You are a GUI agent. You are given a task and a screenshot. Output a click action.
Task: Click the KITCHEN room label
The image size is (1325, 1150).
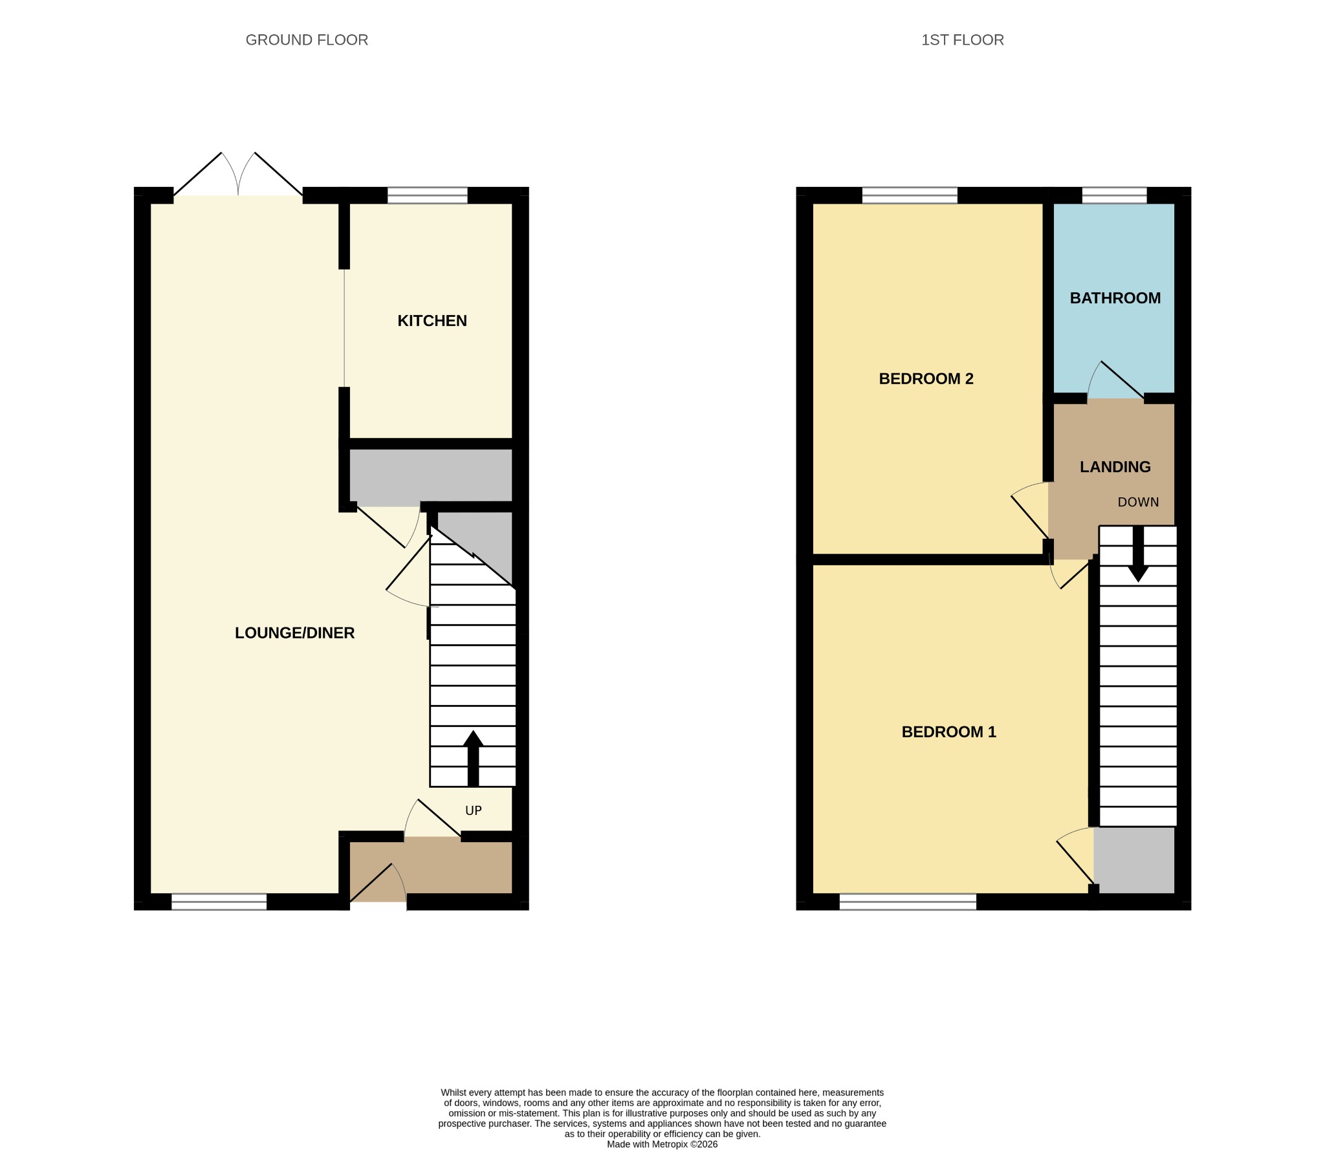pos(432,321)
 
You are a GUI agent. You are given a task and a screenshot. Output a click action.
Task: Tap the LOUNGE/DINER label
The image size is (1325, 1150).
pos(294,633)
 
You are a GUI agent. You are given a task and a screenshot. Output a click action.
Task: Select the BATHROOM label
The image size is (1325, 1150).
pos(1115,298)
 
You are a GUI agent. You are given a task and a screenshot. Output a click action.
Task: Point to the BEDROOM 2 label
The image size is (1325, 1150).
pos(926,379)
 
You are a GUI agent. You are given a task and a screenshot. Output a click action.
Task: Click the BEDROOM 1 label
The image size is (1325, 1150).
pos(948,732)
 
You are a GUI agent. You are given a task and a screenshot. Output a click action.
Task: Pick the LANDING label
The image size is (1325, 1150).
pos(1115,467)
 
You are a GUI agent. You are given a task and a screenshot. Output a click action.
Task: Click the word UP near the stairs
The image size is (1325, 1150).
pos(474,810)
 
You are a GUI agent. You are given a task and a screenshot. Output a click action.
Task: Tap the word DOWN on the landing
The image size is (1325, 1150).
pos(1138,502)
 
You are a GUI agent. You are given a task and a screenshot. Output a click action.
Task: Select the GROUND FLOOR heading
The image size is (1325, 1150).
pos(307,40)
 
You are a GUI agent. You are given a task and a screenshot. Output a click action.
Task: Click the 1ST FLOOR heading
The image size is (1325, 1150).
pos(962,40)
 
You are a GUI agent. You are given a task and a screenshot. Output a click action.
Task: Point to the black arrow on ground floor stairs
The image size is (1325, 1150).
pos(473,758)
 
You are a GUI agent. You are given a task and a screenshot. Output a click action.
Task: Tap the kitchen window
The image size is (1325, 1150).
pos(427,195)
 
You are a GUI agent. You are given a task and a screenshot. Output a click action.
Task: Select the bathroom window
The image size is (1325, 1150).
pos(1114,195)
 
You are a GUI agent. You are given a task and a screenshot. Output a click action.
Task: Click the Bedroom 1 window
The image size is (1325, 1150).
pos(908,902)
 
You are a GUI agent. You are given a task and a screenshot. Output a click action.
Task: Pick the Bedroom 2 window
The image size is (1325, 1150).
pos(910,195)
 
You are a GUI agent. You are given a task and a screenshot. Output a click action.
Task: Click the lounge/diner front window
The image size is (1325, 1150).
pos(219,902)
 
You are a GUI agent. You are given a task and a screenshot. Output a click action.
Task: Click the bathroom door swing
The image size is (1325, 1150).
pos(1115,380)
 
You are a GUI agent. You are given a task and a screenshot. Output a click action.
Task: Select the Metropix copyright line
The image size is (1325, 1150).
pos(662,1144)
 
